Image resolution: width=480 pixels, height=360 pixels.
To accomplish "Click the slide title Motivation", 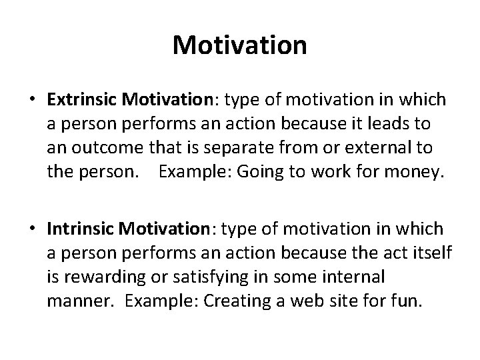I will point(240,45).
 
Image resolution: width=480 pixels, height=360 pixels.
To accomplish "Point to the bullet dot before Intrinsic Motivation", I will point(32,229).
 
